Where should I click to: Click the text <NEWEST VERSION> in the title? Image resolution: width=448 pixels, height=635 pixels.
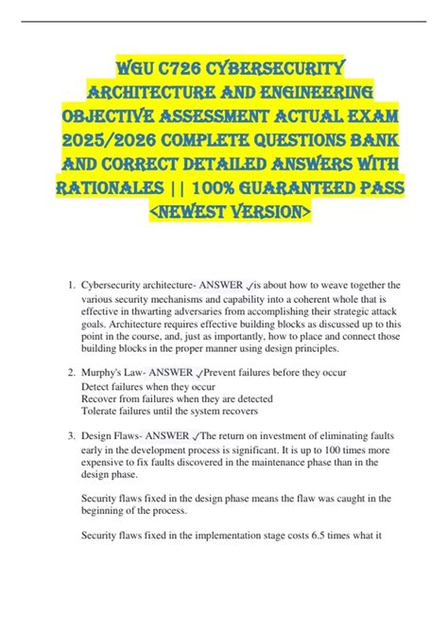click(223, 215)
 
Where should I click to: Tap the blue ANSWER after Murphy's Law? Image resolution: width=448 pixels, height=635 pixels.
click(177, 373)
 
